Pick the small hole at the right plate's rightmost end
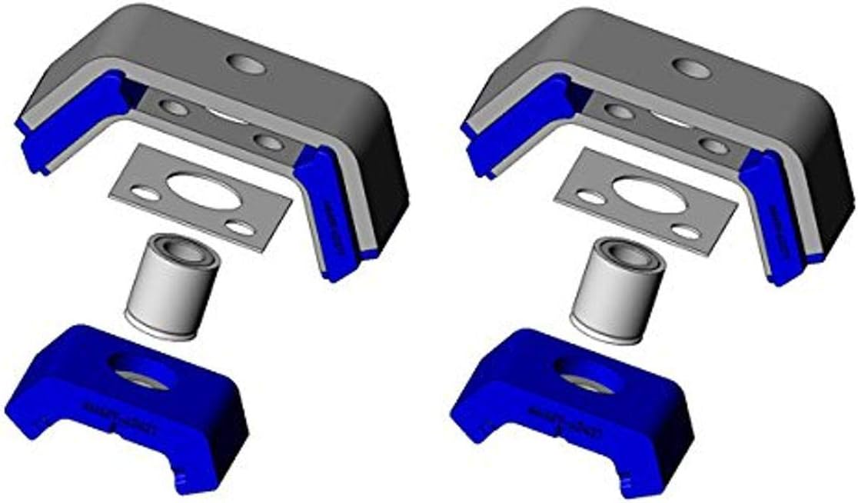688,232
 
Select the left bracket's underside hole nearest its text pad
270,142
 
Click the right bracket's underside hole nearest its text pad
714,146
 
